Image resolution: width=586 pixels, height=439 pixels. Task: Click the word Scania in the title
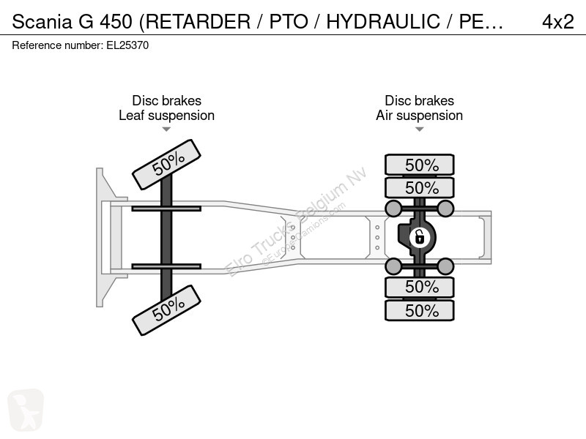point(42,21)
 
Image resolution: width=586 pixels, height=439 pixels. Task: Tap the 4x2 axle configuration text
point(558,21)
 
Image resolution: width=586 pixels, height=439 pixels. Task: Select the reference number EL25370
point(127,45)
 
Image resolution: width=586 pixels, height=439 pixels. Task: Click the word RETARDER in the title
point(198,21)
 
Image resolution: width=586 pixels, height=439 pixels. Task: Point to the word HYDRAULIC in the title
point(383,21)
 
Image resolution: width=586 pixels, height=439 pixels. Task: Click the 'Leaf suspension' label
point(167,116)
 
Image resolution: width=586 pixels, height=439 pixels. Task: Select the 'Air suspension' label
point(419,116)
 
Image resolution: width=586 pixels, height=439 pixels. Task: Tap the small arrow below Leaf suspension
point(166,130)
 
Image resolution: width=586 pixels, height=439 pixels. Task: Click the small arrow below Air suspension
point(419,130)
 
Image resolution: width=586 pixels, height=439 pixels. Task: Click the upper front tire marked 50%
point(167,165)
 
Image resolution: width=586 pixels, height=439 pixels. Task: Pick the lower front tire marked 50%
point(167,310)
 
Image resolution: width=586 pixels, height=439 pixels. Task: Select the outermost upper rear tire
point(420,165)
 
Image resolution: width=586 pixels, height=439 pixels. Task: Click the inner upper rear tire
point(420,187)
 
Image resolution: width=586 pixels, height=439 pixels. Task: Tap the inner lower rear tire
point(420,287)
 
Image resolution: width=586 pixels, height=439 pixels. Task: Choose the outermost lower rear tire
point(420,310)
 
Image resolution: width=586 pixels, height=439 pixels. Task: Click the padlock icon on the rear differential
point(419,237)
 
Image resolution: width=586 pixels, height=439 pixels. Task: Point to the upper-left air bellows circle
point(393,209)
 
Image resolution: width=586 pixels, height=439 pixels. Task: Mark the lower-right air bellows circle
point(445,266)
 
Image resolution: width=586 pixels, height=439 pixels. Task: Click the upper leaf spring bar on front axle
point(166,209)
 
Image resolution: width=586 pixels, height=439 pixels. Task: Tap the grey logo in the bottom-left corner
point(26,410)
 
